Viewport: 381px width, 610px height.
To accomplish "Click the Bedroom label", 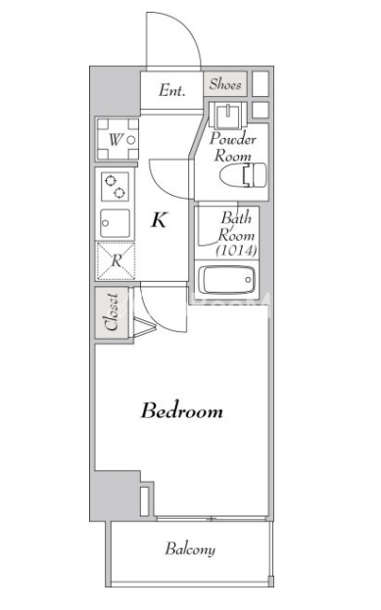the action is pos(182,411).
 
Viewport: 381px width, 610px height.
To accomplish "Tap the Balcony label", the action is pos(190,549).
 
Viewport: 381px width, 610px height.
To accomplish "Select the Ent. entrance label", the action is pos(171,90).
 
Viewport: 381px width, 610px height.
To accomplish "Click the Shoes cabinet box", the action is pos(225,83).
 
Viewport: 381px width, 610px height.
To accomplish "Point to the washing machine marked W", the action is pos(118,139).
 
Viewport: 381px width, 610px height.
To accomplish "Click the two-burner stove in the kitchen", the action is pos(115,187).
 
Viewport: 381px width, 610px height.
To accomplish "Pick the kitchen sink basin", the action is pos(115,223).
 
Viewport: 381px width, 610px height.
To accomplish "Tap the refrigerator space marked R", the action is pos(116,260).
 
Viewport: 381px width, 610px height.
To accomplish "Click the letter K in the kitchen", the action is pos(159,219).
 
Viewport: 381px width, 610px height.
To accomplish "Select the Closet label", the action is pos(112,312).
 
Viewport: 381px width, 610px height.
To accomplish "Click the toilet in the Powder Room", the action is pos(243,174).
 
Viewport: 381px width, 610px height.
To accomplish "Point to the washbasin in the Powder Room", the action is pos(227,115).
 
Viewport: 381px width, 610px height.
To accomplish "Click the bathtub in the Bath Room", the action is pos(226,280).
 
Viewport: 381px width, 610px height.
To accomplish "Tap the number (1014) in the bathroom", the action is pos(237,251).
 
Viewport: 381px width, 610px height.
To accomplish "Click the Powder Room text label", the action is pos(233,147).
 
